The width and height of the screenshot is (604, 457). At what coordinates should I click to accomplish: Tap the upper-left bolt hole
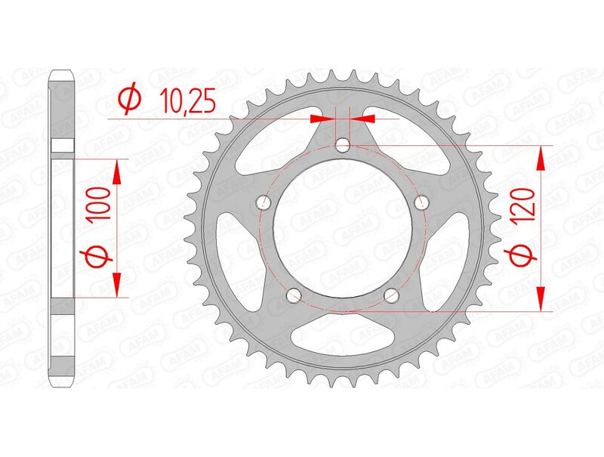point(263,202)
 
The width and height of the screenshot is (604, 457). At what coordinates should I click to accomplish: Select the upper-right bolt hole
point(422,202)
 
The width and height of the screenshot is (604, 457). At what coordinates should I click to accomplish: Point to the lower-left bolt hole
point(294,295)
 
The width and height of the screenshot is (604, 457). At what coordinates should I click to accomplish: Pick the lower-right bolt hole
point(392,295)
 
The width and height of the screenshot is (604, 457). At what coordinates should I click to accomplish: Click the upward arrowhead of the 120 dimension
point(541,159)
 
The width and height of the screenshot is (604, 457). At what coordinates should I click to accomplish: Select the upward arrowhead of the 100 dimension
point(117,172)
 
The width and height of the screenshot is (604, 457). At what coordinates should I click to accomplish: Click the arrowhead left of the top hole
point(322,118)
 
